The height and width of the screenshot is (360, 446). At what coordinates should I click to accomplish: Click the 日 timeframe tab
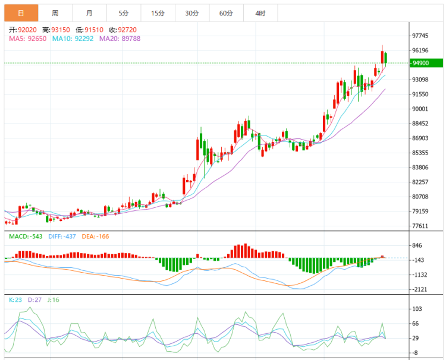click(x=21, y=12)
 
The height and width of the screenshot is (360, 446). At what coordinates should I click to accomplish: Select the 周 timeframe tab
click(x=55, y=12)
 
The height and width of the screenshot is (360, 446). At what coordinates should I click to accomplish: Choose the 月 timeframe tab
click(x=89, y=12)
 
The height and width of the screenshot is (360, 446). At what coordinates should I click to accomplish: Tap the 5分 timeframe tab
click(x=123, y=12)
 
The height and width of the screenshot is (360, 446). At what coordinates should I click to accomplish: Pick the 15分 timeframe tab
click(x=158, y=12)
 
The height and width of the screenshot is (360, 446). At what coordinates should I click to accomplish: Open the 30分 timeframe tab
click(x=191, y=12)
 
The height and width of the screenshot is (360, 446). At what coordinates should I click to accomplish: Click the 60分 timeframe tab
click(x=226, y=12)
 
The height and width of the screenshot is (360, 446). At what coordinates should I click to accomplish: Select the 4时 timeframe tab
click(x=260, y=12)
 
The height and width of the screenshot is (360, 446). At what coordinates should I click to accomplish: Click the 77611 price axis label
click(x=420, y=226)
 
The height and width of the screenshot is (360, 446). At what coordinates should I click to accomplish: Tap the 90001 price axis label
click(x=420, y=109)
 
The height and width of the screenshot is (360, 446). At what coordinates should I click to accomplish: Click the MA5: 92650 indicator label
click(x=28, y=39)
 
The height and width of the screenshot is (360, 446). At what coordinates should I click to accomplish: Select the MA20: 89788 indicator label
click(x=120, y=39)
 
